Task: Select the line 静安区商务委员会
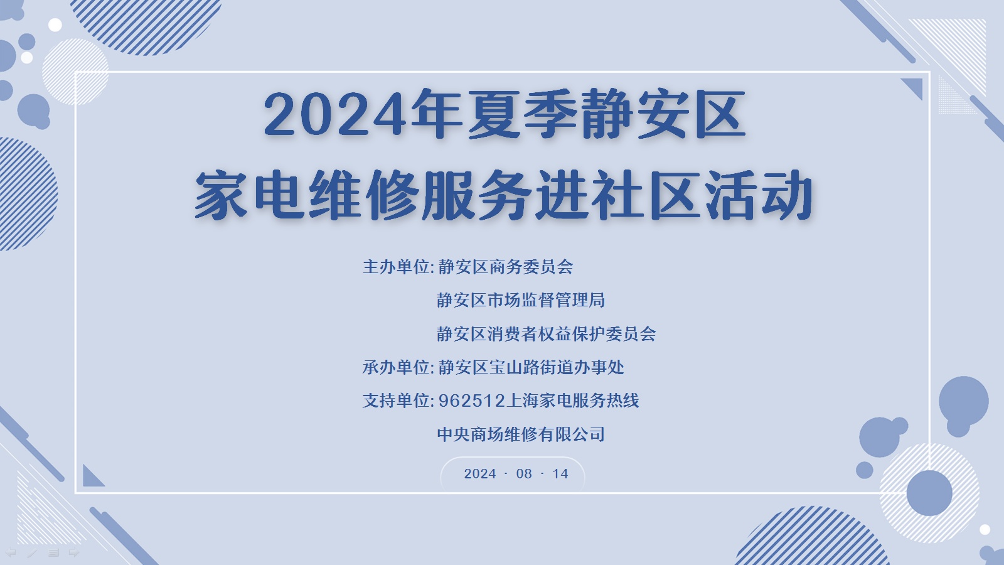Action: pos(506,267)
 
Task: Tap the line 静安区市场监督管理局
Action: pos(521,300)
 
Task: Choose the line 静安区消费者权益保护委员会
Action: pos(547,333)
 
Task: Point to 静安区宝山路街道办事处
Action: pos(531,367)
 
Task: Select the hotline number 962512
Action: pos(471,401)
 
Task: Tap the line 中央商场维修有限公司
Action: pos(521,434)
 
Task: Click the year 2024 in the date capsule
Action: pos(480,473)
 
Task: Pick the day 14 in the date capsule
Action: pos(560,473)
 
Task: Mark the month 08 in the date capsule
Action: pos(524,473)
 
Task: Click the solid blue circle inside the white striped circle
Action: pos(929,493)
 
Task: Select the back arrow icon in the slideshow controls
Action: pos(10,552)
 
